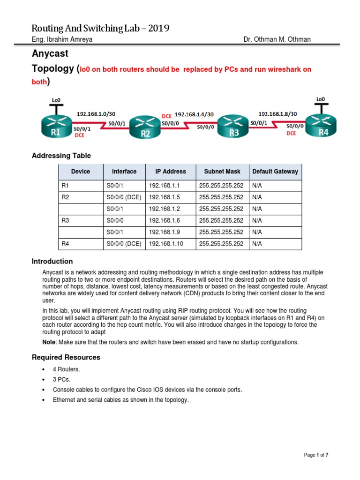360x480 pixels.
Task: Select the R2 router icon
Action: tap(145, 127)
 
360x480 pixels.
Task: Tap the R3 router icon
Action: tap(233, 127)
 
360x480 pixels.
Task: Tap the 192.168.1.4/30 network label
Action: tap(195, 114)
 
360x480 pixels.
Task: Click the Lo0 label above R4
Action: tap(321, 99)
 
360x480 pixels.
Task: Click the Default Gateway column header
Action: tap(275, 172)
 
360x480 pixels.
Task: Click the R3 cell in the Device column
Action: tap(65, 220)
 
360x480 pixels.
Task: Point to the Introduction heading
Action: tap(52, 261)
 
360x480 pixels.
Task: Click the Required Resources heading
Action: tap(66, 357)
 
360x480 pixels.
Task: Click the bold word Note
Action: tap(49, 342)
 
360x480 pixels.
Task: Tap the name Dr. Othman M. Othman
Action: tap(277, 39)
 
